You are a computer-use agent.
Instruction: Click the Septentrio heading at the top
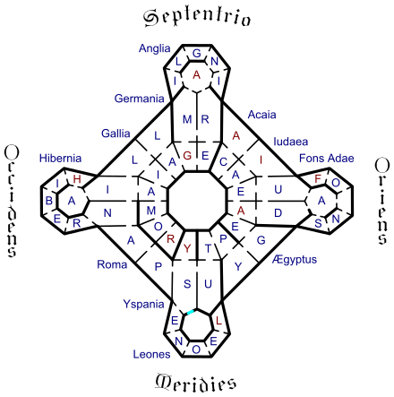tap(197, 18)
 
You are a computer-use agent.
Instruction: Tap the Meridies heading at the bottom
tap(196, 382)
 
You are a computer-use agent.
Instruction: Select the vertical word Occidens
tap(12, 201)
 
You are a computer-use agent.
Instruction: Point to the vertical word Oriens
tap(381, 202)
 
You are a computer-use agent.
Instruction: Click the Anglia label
tap(154, 48)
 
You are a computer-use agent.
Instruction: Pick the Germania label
tap(139, 99)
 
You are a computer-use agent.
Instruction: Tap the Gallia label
tap(116, 134)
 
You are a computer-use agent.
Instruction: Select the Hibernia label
tap(60, 158)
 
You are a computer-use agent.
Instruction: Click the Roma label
tap(112, 264)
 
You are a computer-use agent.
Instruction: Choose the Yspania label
tap(143, 305)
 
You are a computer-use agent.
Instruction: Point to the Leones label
tap(151, 354)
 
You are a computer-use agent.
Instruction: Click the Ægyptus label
tap(295, 260)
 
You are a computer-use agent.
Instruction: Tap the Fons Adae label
tap(327, 158)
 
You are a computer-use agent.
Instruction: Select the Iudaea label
tap(291, 142)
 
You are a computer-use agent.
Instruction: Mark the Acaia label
tap(261, 115)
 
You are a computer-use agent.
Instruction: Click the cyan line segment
tap(191, 312)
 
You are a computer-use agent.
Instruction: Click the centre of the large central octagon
tap(197, 201)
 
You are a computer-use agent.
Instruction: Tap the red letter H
tap(77, 179)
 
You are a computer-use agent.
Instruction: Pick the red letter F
tap(318, 178)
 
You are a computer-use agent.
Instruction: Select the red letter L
tap(218, 321)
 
